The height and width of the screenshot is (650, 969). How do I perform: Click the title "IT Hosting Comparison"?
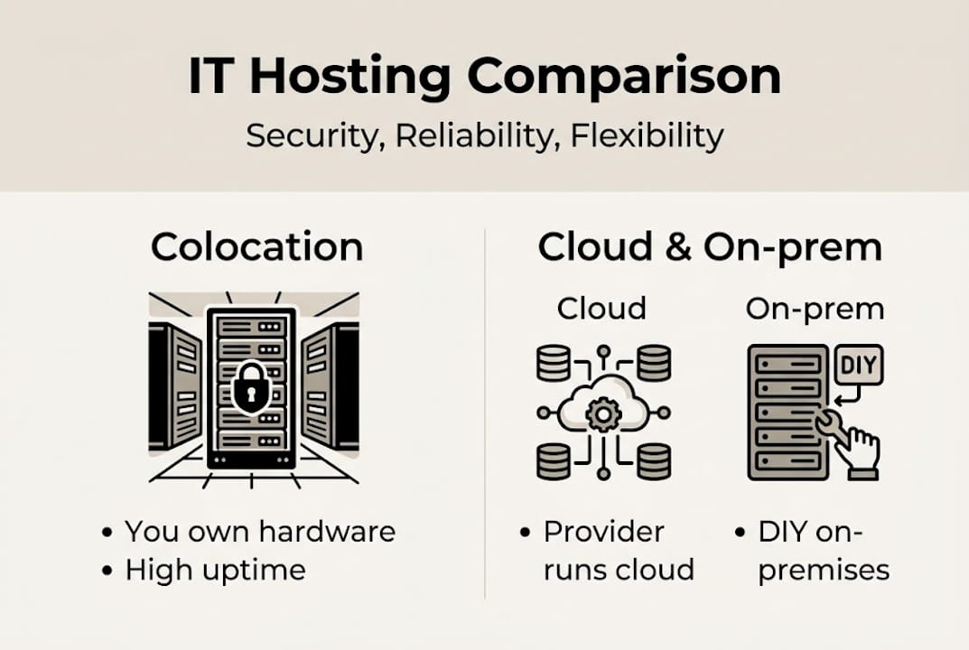click(484, 76)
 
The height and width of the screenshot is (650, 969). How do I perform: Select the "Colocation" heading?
click(256, 246)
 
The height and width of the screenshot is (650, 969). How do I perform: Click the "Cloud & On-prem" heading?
click(709, 246)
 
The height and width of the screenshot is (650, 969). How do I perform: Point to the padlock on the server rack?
click(251, 386)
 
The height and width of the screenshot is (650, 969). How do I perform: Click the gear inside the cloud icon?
click(600, 414)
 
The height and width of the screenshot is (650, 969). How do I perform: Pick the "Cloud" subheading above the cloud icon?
click(601, 309)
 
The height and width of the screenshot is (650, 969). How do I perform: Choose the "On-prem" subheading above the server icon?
click(815, 309)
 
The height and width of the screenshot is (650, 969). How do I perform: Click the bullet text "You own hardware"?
click(260, 532)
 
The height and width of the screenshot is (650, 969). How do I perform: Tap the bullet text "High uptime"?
click(215, 570)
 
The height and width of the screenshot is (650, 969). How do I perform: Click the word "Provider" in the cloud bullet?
click(603, 532)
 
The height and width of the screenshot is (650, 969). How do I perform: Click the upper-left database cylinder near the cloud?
click(554, 363)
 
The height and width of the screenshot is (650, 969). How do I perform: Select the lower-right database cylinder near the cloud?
click(653, 461)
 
